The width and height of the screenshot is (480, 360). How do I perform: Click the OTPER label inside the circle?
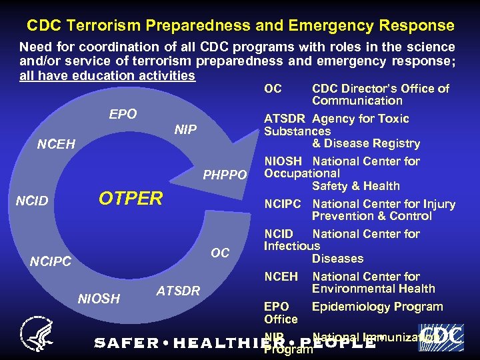click(131, 199)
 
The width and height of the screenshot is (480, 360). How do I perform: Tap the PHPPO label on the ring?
click(225, 177)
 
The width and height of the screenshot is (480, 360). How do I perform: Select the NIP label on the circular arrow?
click(185, 129)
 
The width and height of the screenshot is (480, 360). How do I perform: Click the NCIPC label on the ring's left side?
click(51, 262)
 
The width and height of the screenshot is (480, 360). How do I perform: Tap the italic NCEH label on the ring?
click(57, 143)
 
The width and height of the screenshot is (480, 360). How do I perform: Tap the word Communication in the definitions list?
click(357, 101)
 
